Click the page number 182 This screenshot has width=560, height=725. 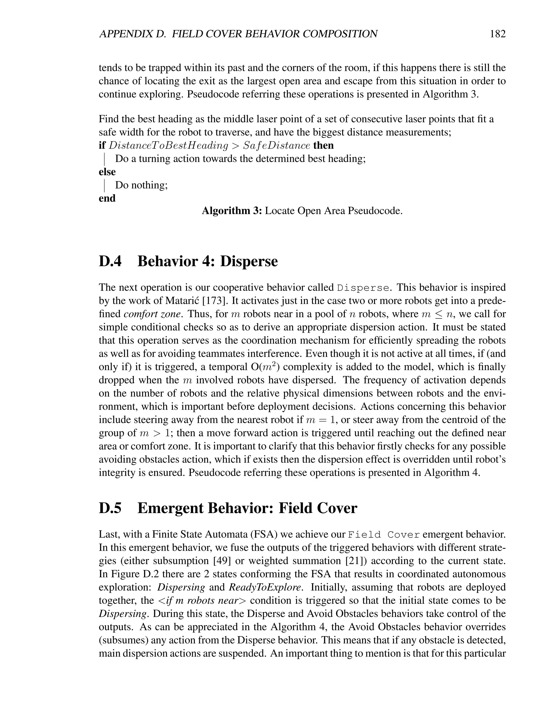[498, 34]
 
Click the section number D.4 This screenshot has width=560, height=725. [110, 261]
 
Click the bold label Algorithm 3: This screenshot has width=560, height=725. [232, 211]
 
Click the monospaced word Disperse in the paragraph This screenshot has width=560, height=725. [363, 288]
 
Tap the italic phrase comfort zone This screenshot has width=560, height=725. [152, 314]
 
